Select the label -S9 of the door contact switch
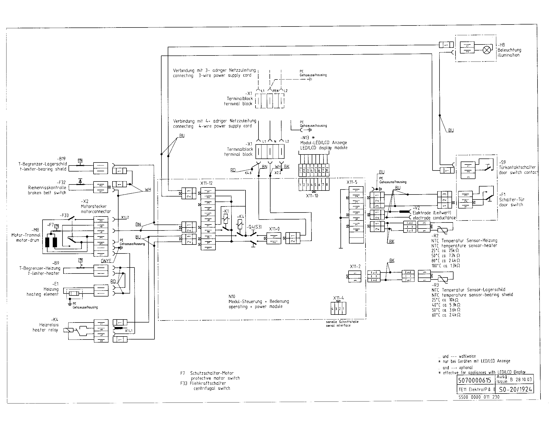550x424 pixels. [x=502, y=162]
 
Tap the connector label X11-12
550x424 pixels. [x=206, y=183]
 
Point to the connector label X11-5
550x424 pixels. [x=351, y=182]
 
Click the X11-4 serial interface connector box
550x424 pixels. [x=338, y=309]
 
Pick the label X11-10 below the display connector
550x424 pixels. [x=312, y=196]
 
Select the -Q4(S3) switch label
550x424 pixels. [x=253, y=227]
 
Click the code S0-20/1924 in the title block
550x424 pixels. [x=515, y=389]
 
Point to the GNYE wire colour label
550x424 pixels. [x=106, y=261]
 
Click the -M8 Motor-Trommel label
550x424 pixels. [x=35, y=230]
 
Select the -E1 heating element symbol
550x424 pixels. [x=74, y=293]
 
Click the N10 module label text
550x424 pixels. [x=232, y=296]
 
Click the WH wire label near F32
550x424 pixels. [x=148, y=190]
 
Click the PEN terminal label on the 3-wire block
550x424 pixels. [x=275, y=91]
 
